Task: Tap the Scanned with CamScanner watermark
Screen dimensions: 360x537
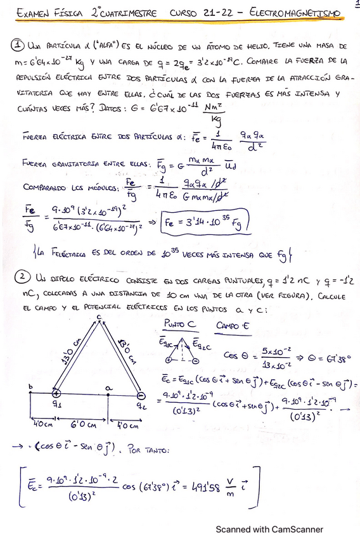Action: pyautogui.click(x=269, y=529)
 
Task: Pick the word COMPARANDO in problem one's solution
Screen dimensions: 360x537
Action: pyautogui.click(x=44, y=188)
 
